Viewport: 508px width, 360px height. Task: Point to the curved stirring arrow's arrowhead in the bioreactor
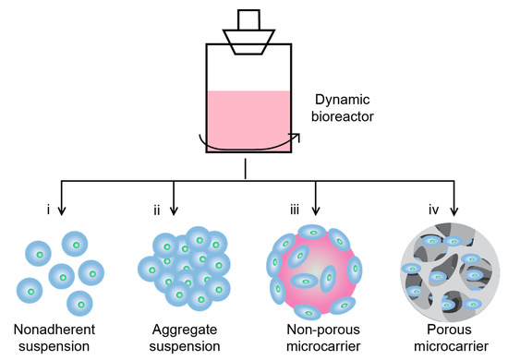[296, 136]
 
